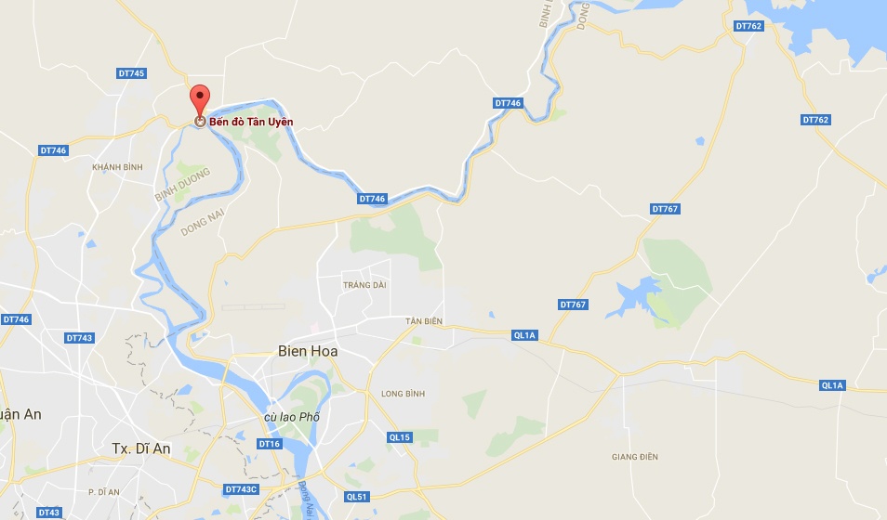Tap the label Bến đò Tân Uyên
250,121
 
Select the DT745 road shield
132,73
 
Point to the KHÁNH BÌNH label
118,166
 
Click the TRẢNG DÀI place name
364,285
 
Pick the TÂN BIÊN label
424,321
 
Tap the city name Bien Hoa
308,351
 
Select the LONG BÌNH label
403,394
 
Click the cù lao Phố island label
292,417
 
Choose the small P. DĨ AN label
104,491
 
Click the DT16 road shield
270,444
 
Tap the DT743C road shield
241,488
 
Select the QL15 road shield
400,436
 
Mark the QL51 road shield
357,497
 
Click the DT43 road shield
49,513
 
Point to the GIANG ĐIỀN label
635,456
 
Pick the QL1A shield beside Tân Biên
524,335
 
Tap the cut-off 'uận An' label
20,414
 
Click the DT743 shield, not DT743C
79,338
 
